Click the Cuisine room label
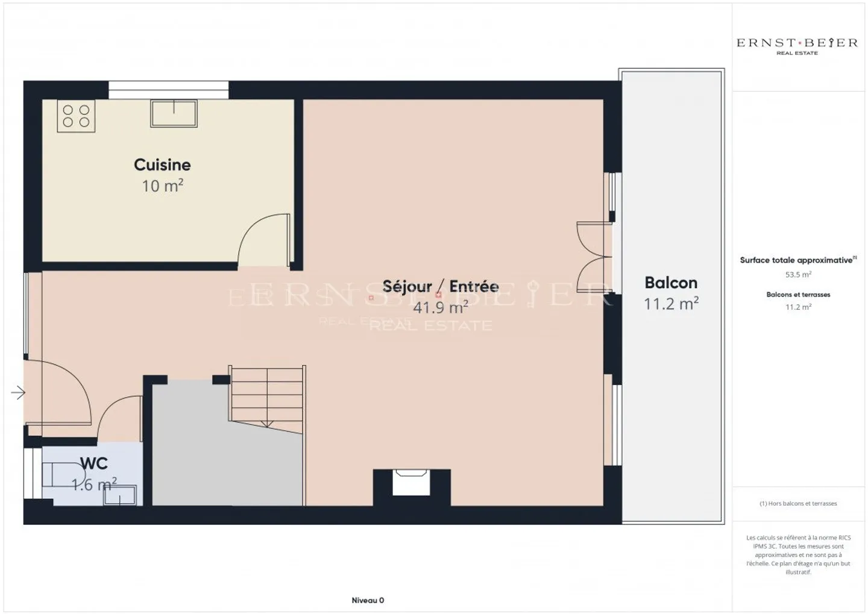click(x=162, y=164)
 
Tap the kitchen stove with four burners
click(x=76, y=116)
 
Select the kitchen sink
click(x=174, y=113)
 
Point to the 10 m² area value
click(x=162, y=186)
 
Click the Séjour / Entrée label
click(x=441, y=286)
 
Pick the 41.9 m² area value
click(x=441, y=307)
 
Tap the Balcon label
click(x=671, y=283)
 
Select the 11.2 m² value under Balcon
click(x=671, y=304)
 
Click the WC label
click(x=94, y=463)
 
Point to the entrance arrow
click(x=18, y=393)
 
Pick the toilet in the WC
click(x=60, y=475)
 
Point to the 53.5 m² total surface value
click(x=798, y=274)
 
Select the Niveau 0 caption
click(x=368, y=600)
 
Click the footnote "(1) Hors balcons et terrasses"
click(x=798, y=503)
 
